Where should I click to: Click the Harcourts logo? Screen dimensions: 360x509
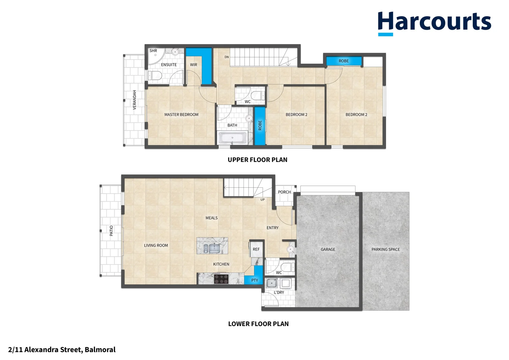(434, 23)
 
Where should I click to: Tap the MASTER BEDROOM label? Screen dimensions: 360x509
(181, 115)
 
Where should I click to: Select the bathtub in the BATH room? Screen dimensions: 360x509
(233, 138)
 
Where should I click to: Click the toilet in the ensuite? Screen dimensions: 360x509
(155, 76)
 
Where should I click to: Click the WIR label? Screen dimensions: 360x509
(194, 65)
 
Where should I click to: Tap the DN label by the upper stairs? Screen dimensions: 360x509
(227, 57)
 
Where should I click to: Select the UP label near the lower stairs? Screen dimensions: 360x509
(262, 200)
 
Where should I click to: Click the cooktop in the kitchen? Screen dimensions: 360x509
(221, 278)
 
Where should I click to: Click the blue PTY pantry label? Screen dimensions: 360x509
(254, 280)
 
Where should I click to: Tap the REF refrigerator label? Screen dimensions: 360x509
(256, 249)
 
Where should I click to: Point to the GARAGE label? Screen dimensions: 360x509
(328, 249)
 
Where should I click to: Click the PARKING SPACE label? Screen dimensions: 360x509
(385, 249)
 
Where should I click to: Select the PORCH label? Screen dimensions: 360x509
(284, 192)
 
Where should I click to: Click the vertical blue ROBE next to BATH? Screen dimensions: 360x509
(260, 126)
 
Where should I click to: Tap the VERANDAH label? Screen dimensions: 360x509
(135, 100)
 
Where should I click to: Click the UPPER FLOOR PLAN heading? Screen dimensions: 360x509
(257, 160)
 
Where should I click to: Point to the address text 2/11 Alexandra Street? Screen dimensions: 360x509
(62, 350)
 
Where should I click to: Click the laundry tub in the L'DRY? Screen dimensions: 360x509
(272, 284)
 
